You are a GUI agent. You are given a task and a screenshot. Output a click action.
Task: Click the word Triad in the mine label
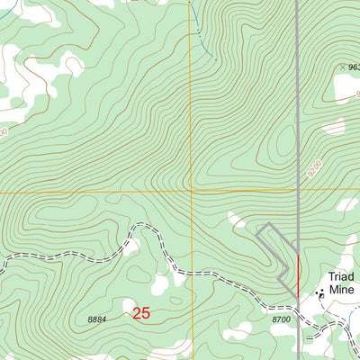click(338, 276)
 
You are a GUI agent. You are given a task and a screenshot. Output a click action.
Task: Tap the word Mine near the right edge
click(342, 290)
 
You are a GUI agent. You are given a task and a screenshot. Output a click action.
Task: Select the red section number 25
click(141, 313)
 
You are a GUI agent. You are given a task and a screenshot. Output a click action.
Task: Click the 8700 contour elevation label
click(281, 319)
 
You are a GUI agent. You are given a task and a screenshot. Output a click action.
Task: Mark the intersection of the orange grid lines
click(190, 192)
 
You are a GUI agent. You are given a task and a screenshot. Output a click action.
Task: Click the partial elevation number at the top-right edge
click(352, 67)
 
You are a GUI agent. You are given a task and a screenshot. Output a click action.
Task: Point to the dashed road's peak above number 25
click(136, 228)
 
